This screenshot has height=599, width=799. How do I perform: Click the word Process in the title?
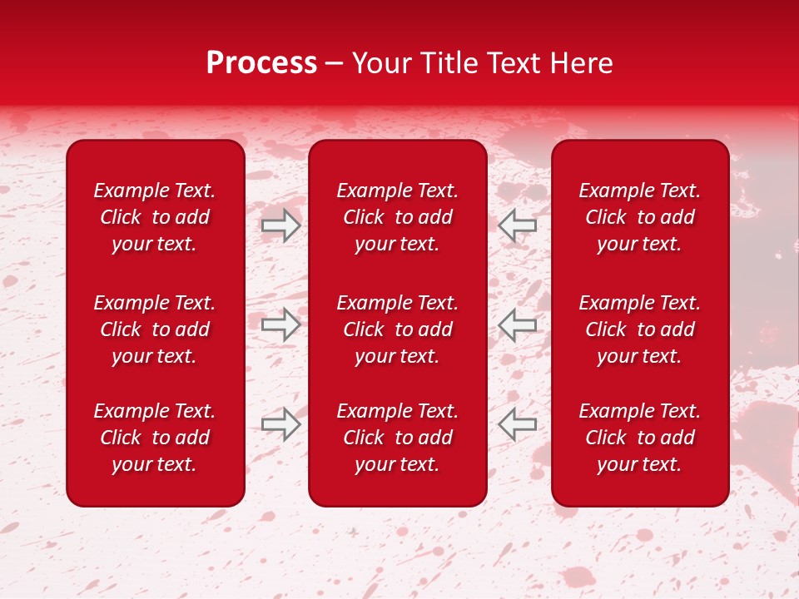click(x=261, y=63)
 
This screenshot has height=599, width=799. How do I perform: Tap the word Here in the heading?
click(x=581, y=63)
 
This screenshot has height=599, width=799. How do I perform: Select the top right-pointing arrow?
click(x=280, y=225)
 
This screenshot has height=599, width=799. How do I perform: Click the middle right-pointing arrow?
click(x=280, y=324)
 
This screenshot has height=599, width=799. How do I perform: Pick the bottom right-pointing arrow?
click(x=280, y=424)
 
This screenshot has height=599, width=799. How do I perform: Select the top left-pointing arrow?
click(x=517, y=225)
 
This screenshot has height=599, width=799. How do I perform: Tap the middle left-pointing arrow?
click(x=517, y=324)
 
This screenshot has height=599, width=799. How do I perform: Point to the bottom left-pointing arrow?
click(x=517, y=424)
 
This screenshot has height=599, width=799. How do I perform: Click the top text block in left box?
click(x=155, y=217)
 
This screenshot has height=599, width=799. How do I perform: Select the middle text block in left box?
click(x=155, y=329)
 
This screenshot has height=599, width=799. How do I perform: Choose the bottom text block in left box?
click(x=155, y=438)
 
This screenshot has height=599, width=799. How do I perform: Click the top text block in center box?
click(x=397, y=217)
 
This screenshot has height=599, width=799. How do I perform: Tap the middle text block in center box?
click(x=397, y=329)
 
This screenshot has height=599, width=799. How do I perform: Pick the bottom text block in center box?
click(x=397, y=438)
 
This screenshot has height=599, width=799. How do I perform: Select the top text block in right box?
click(x=639, y=217)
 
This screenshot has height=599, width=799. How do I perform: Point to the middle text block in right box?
click(x=639, y=329)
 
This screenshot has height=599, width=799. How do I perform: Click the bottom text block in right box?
click(x=639, y=438)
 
